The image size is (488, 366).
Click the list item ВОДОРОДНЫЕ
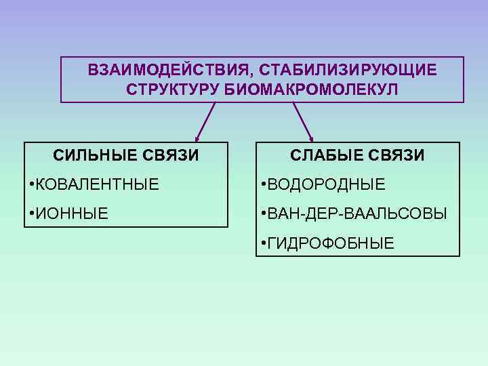click(326, 184)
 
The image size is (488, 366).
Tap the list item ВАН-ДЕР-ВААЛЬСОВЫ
click(357, 214)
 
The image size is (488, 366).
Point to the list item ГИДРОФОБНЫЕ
click(330, 244)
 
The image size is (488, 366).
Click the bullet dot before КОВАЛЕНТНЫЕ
click(31, 184)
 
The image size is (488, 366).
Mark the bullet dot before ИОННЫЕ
click(31, 214)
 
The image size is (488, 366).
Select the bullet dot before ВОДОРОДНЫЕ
click(263, 184)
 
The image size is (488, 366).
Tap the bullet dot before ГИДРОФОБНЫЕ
click(263, 244)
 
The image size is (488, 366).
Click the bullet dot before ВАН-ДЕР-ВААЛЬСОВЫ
click(263, 214)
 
